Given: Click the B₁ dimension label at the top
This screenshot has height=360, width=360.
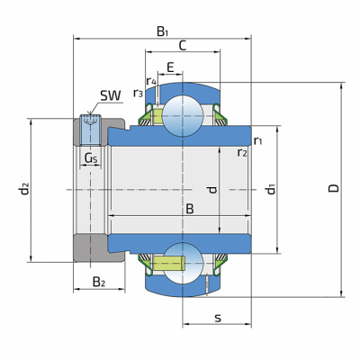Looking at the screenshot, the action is click(162, 31).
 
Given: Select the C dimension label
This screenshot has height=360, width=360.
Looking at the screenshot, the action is click(183, 46).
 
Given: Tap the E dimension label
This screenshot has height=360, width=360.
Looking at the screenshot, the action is click(170, 67).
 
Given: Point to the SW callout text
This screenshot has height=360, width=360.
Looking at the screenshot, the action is click(111, 95).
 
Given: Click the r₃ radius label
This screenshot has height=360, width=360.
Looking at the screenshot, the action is click(138, 94).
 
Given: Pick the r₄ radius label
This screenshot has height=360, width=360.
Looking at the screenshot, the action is click(151, 81).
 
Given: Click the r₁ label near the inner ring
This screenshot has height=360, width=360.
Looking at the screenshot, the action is click(257, 140).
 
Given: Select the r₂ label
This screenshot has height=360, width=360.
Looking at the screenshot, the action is click(242, 153).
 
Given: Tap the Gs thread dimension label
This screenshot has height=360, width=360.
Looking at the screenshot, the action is click(91, 158).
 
